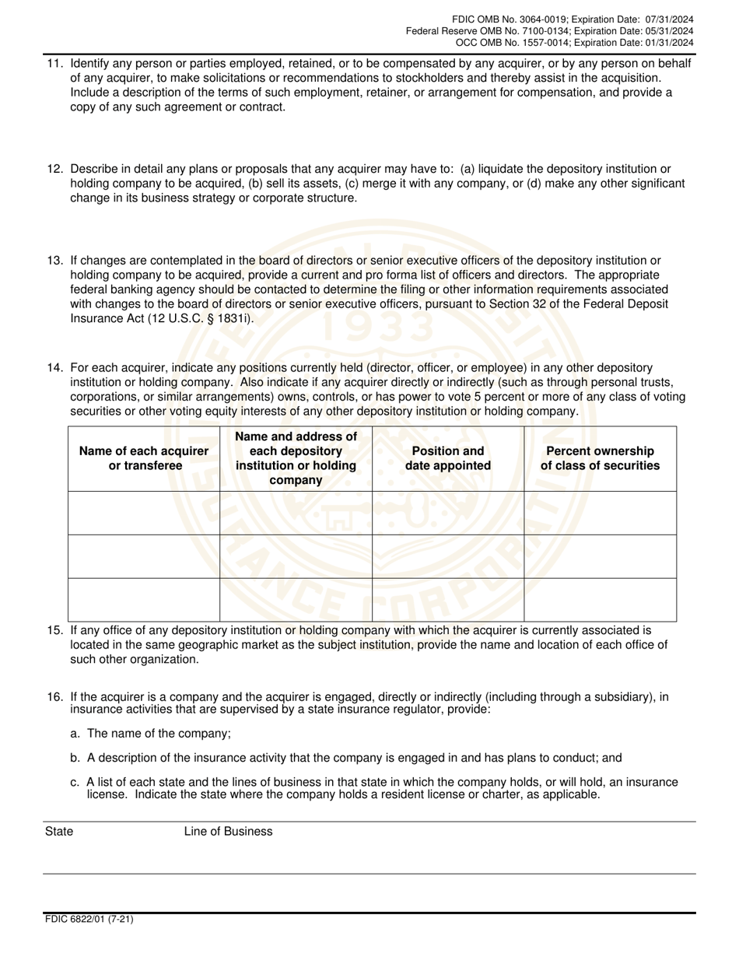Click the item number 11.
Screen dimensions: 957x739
click(54, 63)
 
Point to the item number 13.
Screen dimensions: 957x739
click(54, 261)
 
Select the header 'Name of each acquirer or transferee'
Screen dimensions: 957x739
click(144, 458)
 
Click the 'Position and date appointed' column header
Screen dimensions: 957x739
click(448, 458)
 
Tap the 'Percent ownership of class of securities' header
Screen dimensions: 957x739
click(600, 458)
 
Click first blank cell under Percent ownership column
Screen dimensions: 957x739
click(600, 513)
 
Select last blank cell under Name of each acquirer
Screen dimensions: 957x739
click(144, 600)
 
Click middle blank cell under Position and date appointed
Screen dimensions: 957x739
click(448, 556)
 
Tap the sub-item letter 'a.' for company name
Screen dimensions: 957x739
click(75, 734)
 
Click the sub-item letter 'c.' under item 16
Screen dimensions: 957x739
click(75, 783)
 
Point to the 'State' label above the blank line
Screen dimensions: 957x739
click(59, 832)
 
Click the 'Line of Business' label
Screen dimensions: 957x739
click(228, 832)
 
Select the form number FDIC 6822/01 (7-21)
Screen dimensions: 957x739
click(89, 919)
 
